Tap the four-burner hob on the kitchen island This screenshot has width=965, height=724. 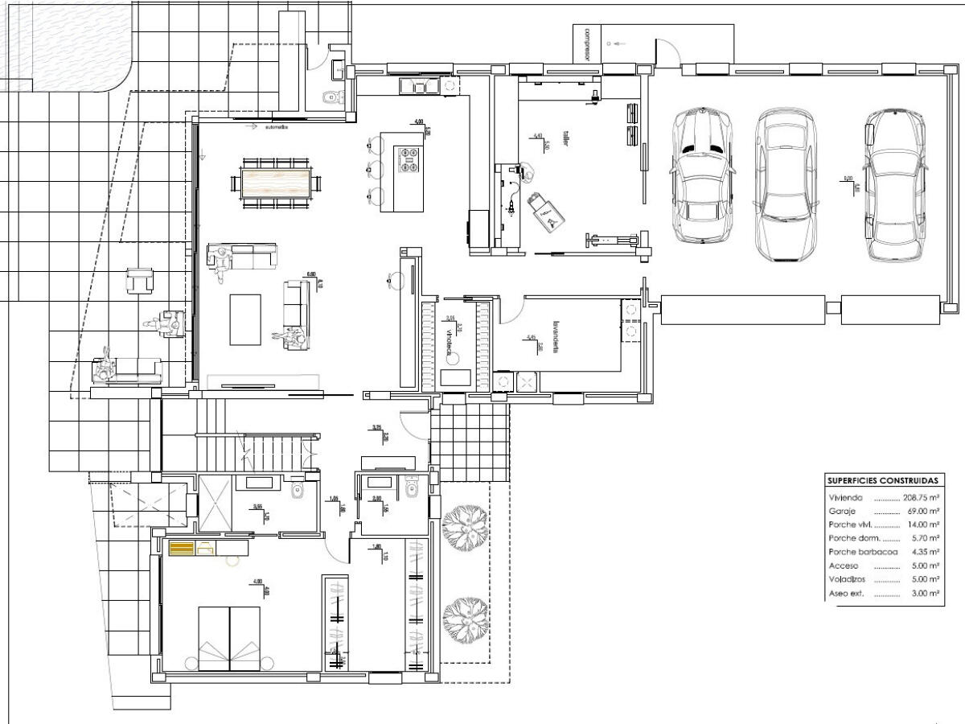click(x=409, y=156)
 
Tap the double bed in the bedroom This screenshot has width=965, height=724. click(x=229, y=638)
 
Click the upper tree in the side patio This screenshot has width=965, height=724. click(x=465, y=529)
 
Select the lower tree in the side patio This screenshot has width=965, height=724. click(x=465, y=617)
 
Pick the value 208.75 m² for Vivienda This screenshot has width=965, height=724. click(x=921, y=498)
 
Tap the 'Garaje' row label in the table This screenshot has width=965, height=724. click(x=842, y=512)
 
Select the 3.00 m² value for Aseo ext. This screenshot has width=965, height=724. click(x=929, y=594)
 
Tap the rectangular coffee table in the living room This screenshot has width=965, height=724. click(x=245, y=319)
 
